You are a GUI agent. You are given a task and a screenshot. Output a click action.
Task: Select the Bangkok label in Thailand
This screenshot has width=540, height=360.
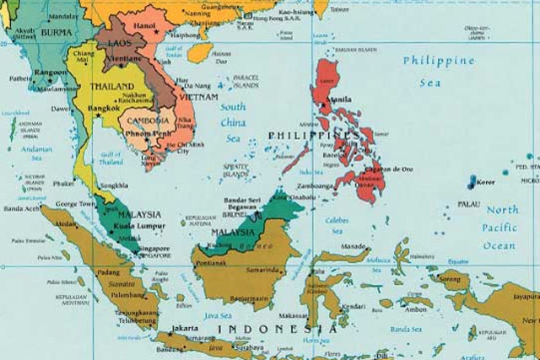tap(105, 109)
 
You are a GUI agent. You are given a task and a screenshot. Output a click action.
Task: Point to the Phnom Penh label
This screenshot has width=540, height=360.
tap(148, 133)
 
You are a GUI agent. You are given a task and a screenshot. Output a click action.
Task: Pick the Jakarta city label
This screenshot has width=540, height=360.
tap(184, 327)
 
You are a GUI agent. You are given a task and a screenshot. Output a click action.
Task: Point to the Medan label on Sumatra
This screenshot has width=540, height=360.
tap(65, 224)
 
